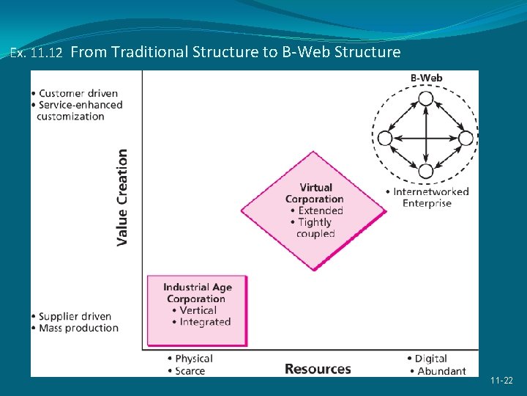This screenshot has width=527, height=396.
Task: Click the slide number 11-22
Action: [x=502, y=381]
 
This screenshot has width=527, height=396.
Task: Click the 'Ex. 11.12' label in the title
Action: [x=37, y=53]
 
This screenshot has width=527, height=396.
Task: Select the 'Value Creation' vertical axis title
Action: [x=122, y=197]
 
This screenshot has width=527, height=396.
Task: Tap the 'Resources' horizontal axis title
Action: [x=318, y=369]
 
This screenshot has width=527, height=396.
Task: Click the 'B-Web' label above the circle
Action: [x=425, y=78]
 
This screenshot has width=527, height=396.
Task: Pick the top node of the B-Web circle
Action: [x=425, y=98]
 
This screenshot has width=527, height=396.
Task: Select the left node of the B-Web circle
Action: [x=385, y=138]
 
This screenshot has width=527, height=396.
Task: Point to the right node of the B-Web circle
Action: [x=466, y=138]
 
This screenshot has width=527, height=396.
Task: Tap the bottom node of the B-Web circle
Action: [x=425, y=172]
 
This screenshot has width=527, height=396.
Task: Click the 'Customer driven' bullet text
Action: [x=78, y=93]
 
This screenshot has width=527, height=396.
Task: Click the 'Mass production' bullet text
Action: [x=78, y=328]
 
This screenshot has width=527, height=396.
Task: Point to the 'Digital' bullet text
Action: [x=430, y=359]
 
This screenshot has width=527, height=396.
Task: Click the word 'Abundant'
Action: [x=441, y=371]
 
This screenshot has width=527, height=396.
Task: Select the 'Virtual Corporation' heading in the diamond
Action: [x=315, y=193]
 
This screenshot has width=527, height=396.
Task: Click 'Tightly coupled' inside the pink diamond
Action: [x=315, y=227]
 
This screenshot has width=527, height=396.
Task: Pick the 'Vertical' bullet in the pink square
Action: [x=198, y=310]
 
